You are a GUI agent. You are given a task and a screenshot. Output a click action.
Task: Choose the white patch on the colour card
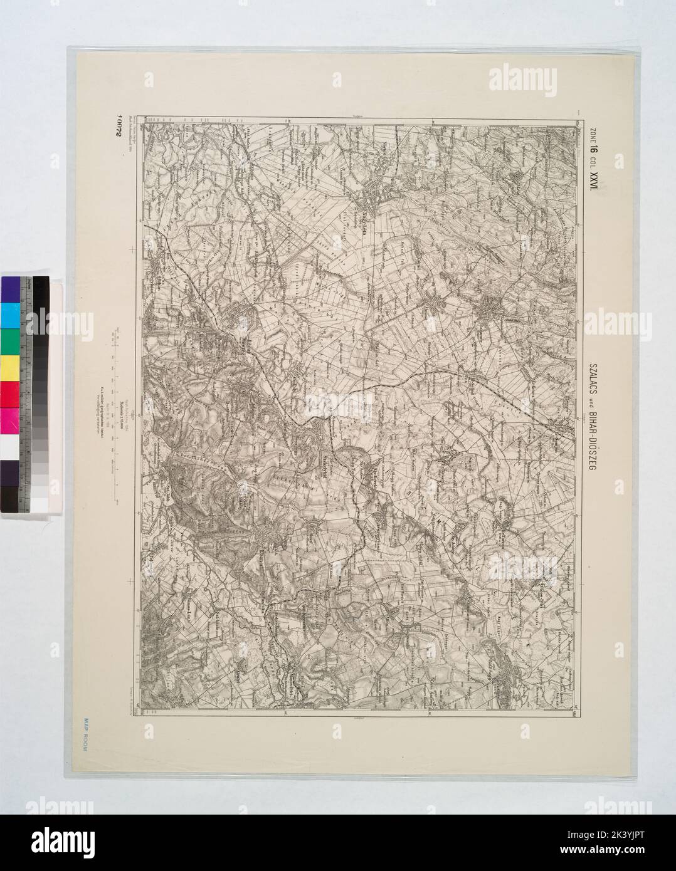click(x=11, y=447)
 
